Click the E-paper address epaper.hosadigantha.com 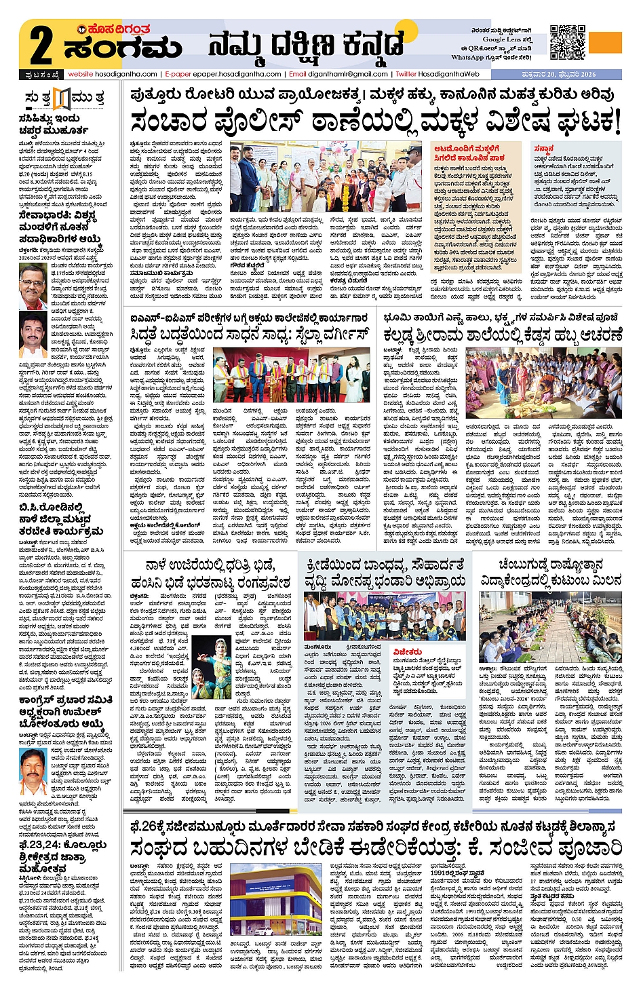224,74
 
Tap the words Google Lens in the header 505,40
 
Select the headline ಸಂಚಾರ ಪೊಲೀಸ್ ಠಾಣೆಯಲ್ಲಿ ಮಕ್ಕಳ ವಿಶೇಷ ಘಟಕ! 375,122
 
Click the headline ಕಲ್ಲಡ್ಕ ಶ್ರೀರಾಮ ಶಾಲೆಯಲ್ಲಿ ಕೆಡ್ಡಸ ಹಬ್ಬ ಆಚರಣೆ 503,335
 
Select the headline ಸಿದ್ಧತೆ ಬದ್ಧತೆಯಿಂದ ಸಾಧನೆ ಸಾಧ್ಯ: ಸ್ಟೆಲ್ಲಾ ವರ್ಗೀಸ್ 250,335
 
